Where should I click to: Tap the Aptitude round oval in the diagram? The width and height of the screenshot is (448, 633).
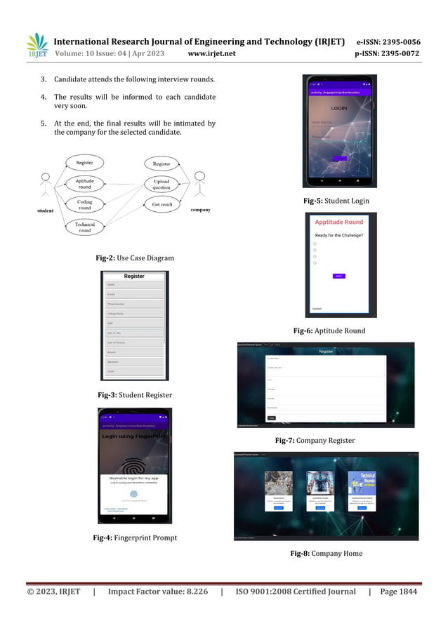point(84,184)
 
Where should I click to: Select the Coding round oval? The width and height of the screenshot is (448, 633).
point(84,204)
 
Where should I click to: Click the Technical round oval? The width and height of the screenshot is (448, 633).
point(84,227)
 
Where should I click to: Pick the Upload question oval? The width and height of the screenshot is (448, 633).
point(162,185)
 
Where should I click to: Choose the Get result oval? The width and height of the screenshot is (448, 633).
point(162,204)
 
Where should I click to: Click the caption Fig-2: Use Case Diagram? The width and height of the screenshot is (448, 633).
point(135,258)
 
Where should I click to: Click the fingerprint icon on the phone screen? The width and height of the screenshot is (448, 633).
point(134,467)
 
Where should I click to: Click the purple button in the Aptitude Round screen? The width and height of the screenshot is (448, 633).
point(338,276)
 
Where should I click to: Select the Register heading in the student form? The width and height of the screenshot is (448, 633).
point(134,276)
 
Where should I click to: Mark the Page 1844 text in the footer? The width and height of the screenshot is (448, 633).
point(398,592)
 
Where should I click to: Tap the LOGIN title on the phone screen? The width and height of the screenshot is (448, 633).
point(339,108)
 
